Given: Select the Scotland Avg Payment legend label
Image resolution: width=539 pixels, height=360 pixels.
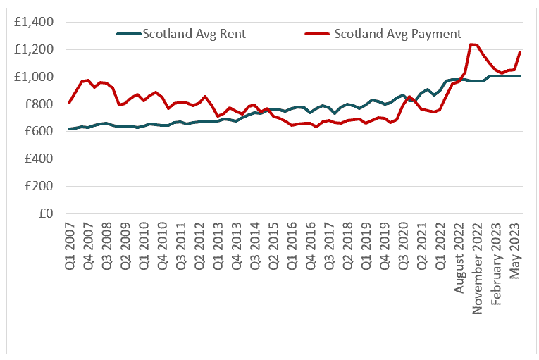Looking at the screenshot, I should pyautogui.click(x=397, y=33).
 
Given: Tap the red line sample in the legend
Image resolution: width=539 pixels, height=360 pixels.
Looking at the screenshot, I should pyautogui.click(x=317, y=33).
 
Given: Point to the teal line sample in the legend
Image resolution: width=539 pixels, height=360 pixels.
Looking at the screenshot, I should pyautogui.click(x=128, y=33).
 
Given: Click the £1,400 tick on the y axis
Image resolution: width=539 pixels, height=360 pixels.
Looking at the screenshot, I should pyautogui.click(x=34, y=22).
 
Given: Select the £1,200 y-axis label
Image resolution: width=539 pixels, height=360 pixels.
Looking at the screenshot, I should pyautogui.click(x=34, y=49).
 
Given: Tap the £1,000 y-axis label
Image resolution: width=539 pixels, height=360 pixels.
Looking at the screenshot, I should pyautogui.click(x=34, y=77).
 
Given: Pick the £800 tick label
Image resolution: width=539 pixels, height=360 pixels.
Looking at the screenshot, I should pyautogui.click(x=39, y=104).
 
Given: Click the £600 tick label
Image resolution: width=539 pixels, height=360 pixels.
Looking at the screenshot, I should pyautogui.click(x=39, y=132).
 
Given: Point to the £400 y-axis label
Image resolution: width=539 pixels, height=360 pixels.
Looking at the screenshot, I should pyautogui.click(x=39, y=159).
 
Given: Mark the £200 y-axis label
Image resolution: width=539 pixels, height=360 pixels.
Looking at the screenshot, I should pyautogui.click(x=39, y=187).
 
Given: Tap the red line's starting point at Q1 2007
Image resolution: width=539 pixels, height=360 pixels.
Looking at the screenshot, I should pyautogui.click(x=69, y=103).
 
